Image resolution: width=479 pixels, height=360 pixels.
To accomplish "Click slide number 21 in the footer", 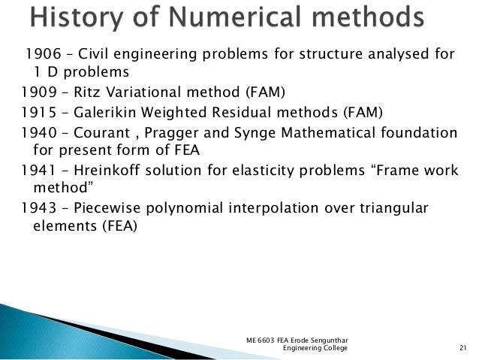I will pyautogui.click(x=461, y=348).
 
